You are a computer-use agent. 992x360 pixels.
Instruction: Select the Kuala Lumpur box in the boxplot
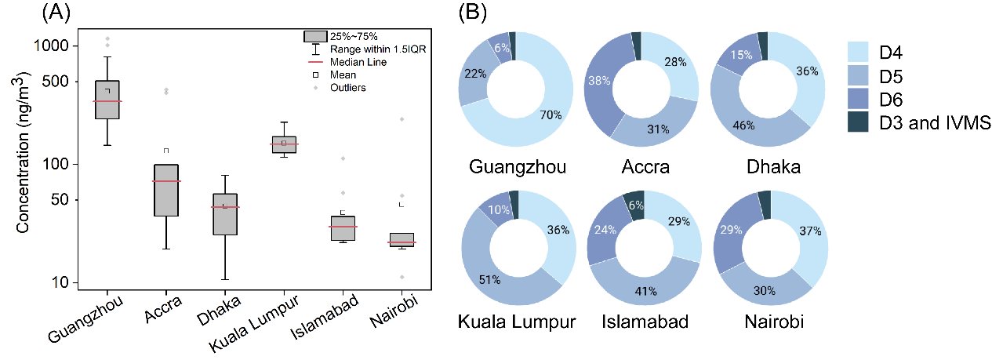click(x=283, y=144)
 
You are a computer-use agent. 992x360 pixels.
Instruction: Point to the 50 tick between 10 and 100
click(x=59, y=200)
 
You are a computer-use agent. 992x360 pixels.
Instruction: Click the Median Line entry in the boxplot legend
click(x=358, y=61)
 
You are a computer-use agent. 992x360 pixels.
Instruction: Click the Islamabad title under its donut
click(x=644, y=322)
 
